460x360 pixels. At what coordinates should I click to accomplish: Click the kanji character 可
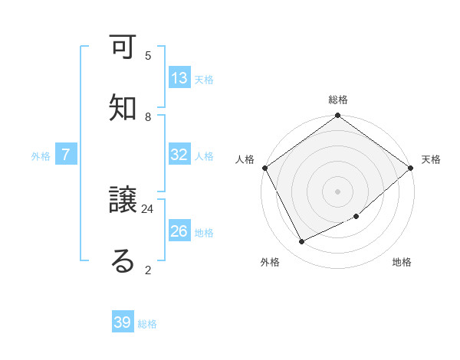123,50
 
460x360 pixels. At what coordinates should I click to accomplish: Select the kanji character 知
123,108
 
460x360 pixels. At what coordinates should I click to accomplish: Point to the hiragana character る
123,261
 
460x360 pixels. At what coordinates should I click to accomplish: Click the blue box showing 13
179,78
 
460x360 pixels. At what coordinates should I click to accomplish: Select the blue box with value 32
179,155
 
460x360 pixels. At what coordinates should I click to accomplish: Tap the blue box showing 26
179,231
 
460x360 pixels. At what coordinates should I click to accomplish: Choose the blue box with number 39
123,322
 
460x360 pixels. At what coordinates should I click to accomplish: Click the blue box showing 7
66,155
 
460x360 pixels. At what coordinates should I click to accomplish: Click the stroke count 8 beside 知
148,116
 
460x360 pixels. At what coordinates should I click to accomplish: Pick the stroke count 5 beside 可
148,55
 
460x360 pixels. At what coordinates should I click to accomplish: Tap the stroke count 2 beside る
148,270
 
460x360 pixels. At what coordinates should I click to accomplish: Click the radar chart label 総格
338,100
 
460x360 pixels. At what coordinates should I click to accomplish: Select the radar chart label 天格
431,159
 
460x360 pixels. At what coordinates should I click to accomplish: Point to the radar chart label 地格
402,262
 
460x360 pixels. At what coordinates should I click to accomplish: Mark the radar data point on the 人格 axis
264,168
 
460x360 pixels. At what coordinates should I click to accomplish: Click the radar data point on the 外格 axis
302,242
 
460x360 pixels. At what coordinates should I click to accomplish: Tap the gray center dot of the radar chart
338,191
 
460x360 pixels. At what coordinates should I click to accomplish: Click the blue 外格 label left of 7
41,155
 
